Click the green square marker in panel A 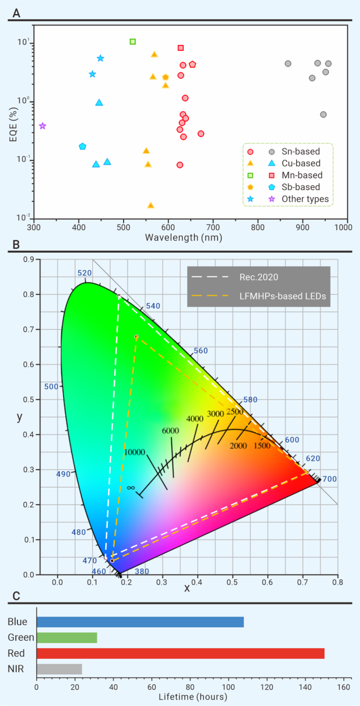(132, 42)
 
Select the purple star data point (43, 126)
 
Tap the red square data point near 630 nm (181, 48)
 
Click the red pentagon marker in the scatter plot (192, 65)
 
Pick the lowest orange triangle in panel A (151, 206)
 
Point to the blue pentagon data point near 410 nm (82, 146)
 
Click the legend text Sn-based (301, 152)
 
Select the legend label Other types (305, 199)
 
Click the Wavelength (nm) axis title (184, 238)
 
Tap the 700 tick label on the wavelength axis (213, 227)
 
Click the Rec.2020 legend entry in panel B (259, 277)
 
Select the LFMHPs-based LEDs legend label (283, 296)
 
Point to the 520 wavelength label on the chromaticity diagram (84, 273)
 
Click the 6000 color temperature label (170, 431)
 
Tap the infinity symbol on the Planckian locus (131, 488)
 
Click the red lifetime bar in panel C (180, 653)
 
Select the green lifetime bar (67, 638)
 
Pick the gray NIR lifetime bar (59, 669)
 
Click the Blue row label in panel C (18, 622)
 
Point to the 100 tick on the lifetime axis (228, 687)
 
